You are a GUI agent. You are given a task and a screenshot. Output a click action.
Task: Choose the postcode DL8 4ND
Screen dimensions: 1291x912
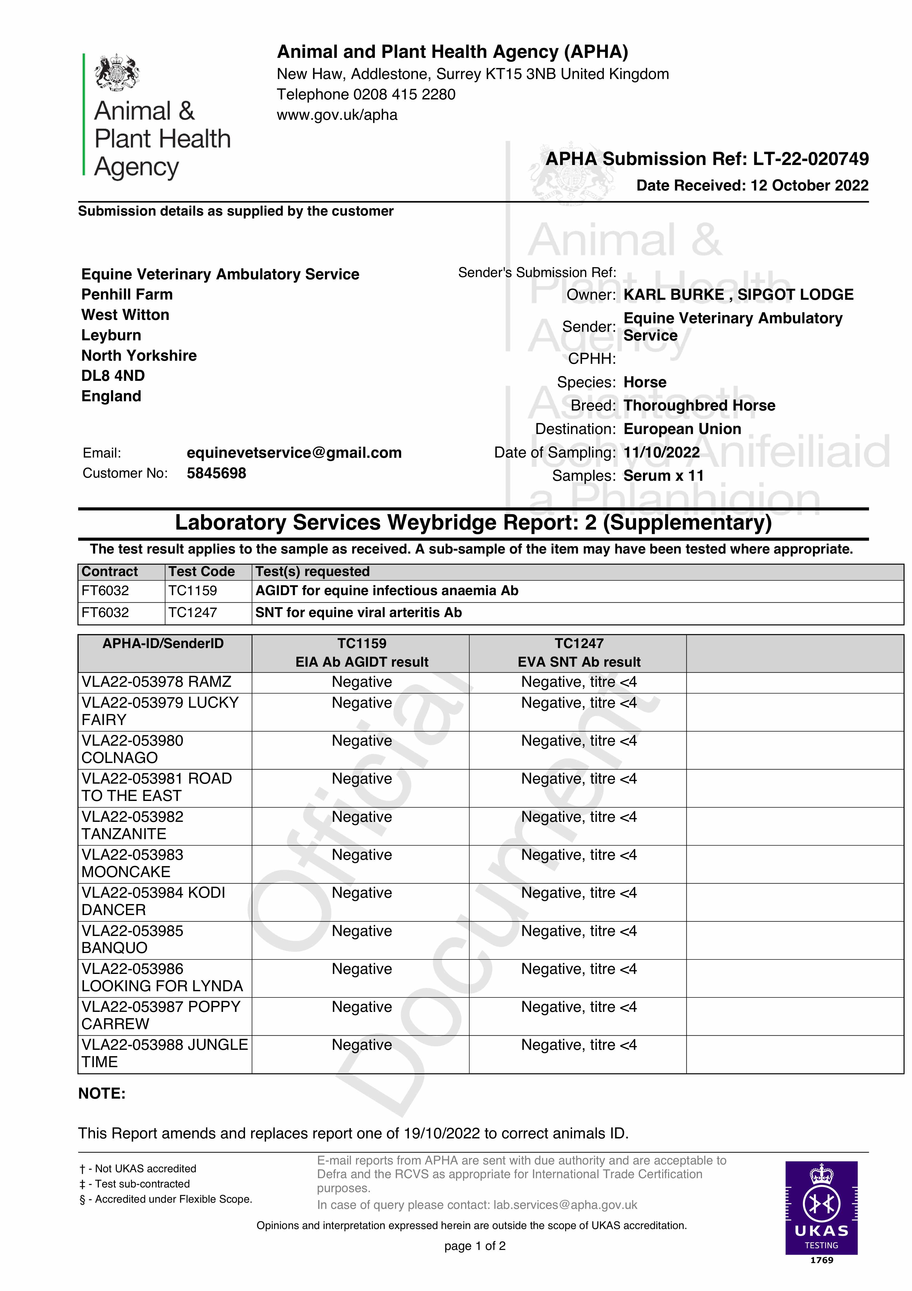113,376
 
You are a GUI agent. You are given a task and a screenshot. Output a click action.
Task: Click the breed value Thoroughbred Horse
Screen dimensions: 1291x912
699,405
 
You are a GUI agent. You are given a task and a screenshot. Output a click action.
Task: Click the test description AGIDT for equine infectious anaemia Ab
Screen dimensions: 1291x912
387,591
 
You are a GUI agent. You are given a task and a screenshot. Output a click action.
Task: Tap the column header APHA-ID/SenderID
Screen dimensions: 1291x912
163,643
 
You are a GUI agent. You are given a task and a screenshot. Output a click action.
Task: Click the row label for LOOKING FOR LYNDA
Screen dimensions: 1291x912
162,977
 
